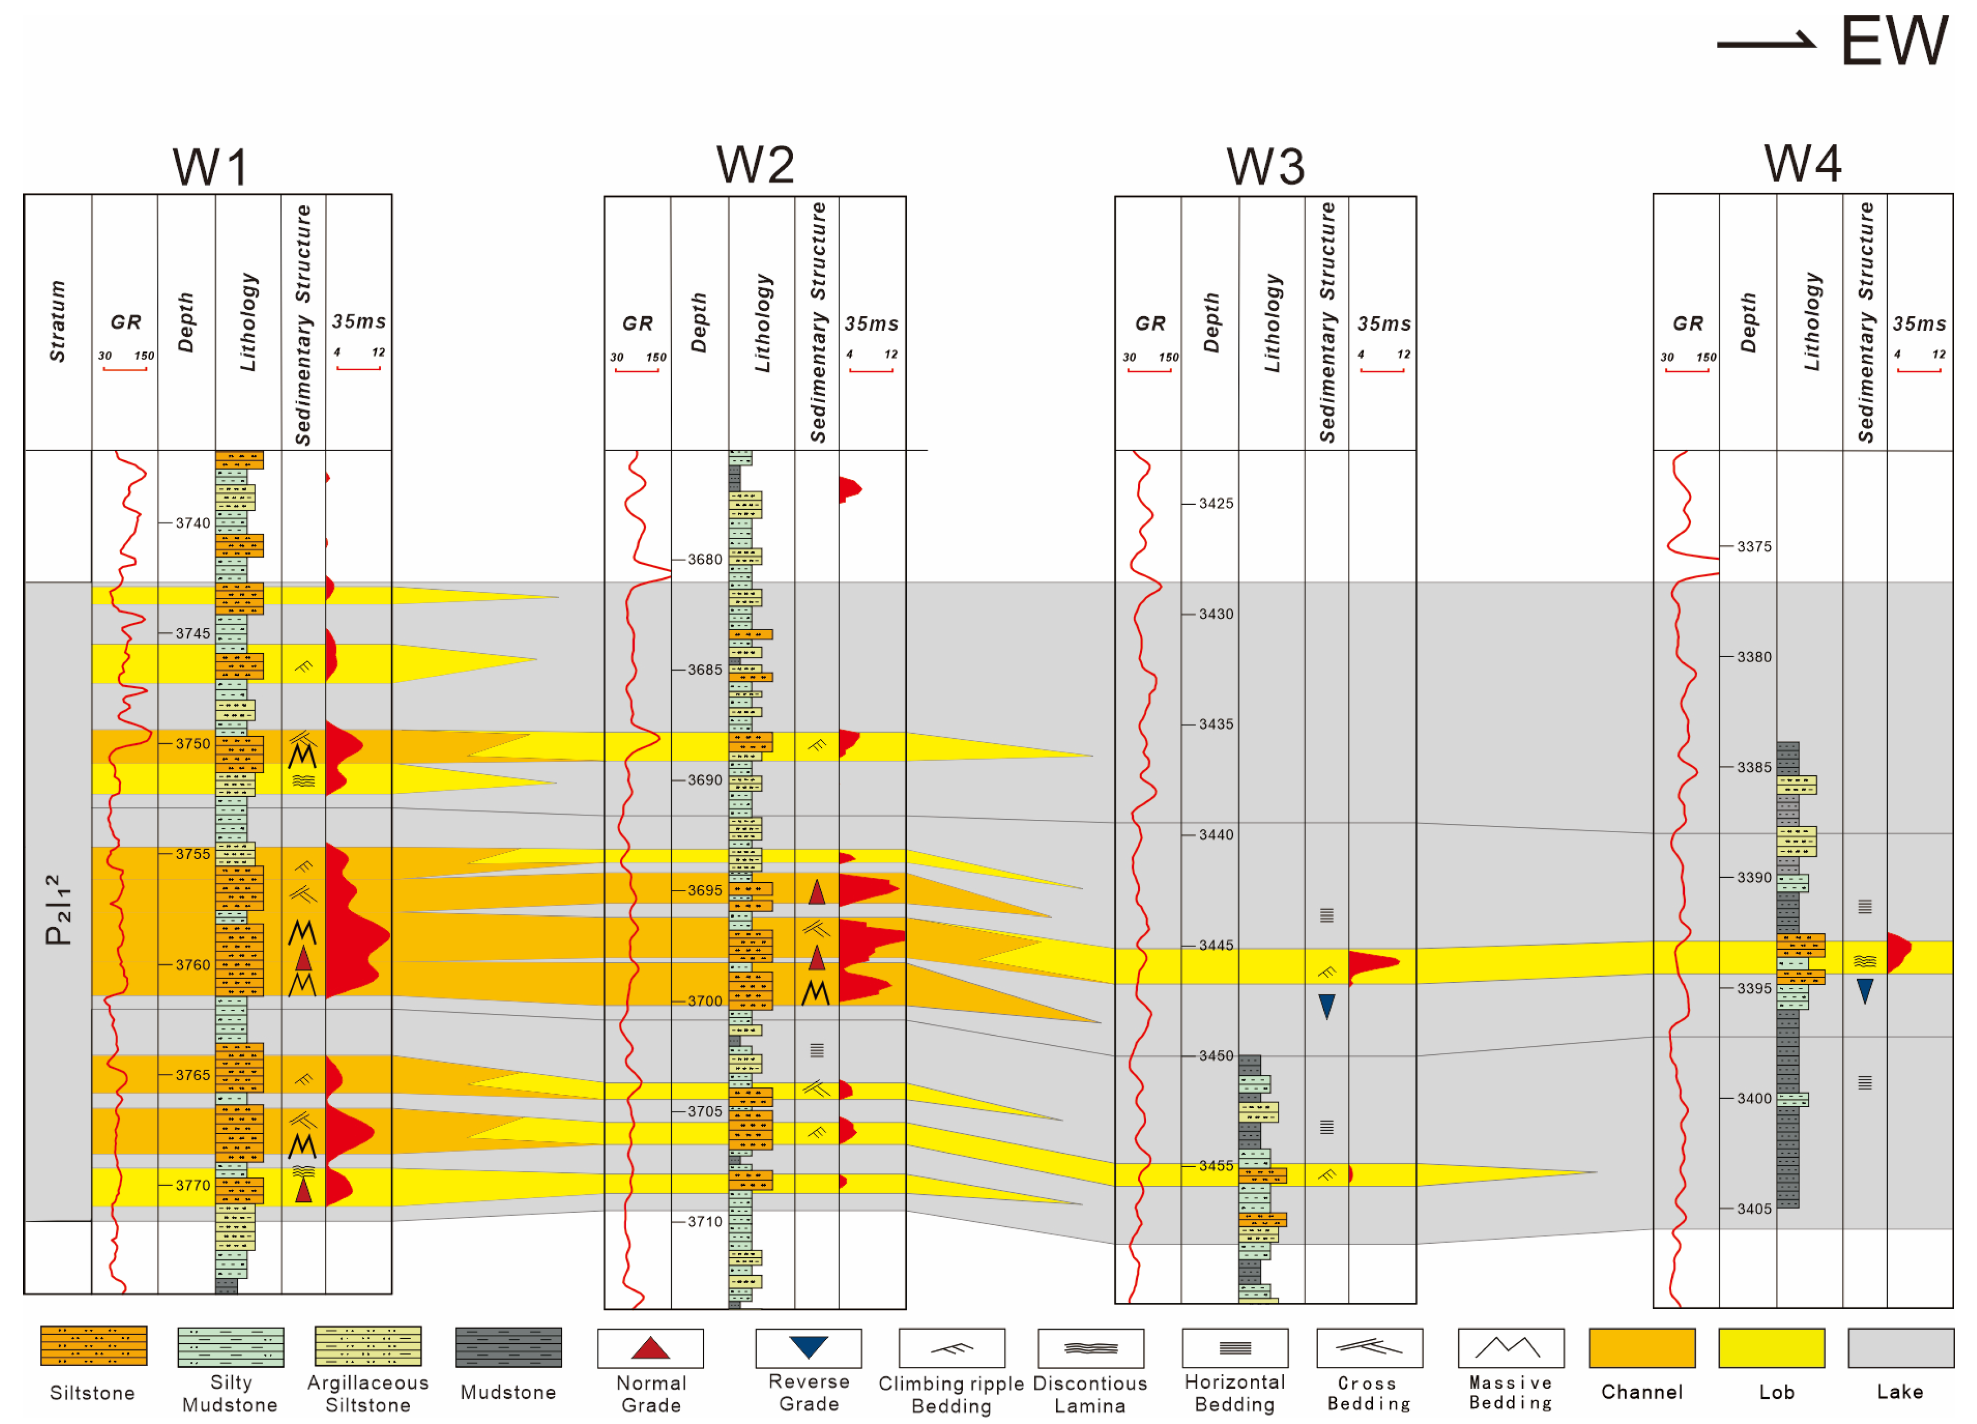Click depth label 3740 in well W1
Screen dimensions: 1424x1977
tap(193, 523)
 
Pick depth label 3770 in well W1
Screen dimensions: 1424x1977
tap(193, 1185)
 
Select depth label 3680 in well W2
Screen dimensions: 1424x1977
tap(704, 560)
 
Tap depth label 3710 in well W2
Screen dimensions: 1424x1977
tap(704, 1222)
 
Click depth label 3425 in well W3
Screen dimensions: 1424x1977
tap(1216, 504)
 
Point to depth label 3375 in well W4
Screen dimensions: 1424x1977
tap(1754, 546)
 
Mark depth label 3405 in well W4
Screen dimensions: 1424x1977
tap(1754, 1209)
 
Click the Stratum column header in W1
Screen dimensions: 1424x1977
tap(58, 321)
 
